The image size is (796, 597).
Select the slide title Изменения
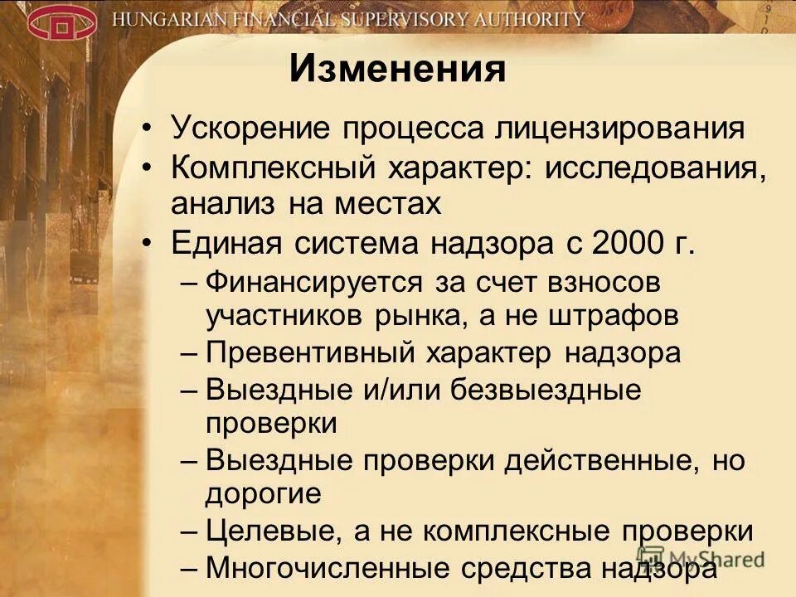[x=397, y=70]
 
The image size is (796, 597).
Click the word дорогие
[x=263, y=494]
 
